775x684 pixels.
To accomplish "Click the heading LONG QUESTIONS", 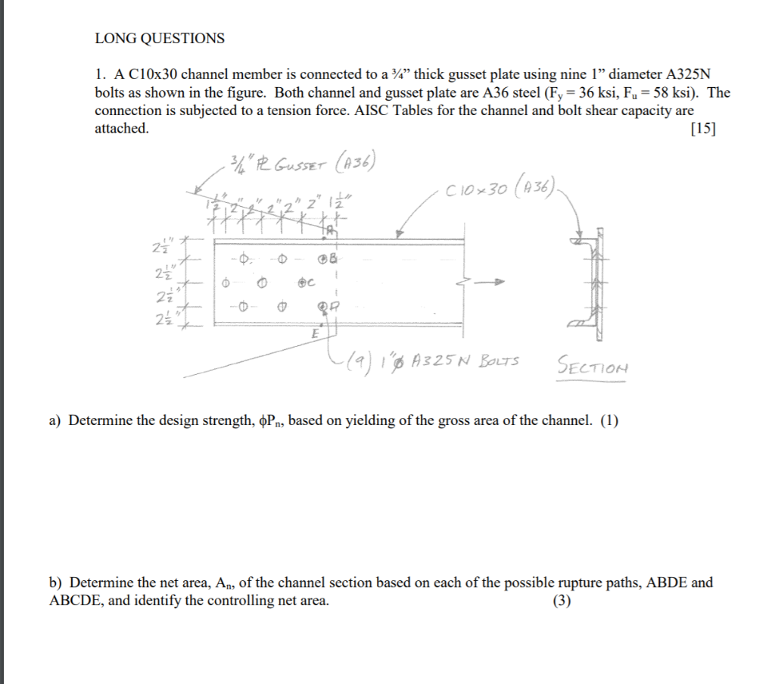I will point(160,38).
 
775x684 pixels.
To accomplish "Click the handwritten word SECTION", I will point(593,366).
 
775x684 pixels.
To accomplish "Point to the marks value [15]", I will point(703,129).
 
